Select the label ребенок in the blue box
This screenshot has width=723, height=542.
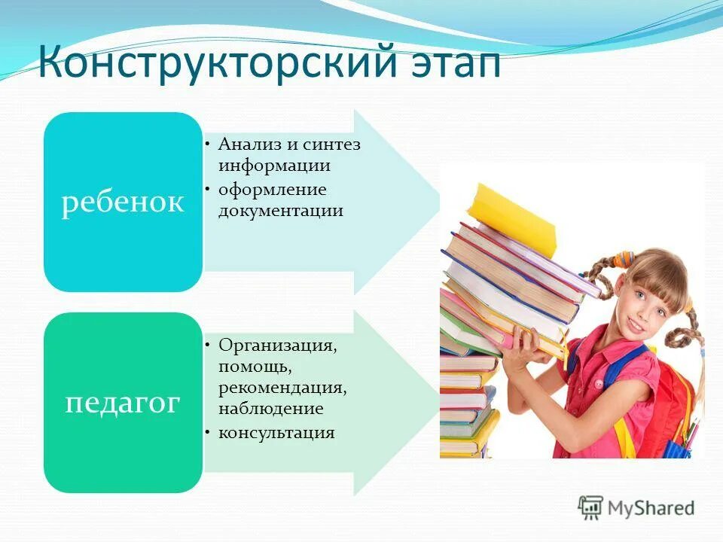pos(123,202)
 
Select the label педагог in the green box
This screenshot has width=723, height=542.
pos(123,402)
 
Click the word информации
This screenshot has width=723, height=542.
pos(274,165)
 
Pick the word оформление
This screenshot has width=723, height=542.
pos(272,189)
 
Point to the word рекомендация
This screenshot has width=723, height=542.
pos(283,388)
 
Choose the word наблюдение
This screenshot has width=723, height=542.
pos(271,409)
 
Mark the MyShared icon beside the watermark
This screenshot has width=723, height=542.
pos(590,507)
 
